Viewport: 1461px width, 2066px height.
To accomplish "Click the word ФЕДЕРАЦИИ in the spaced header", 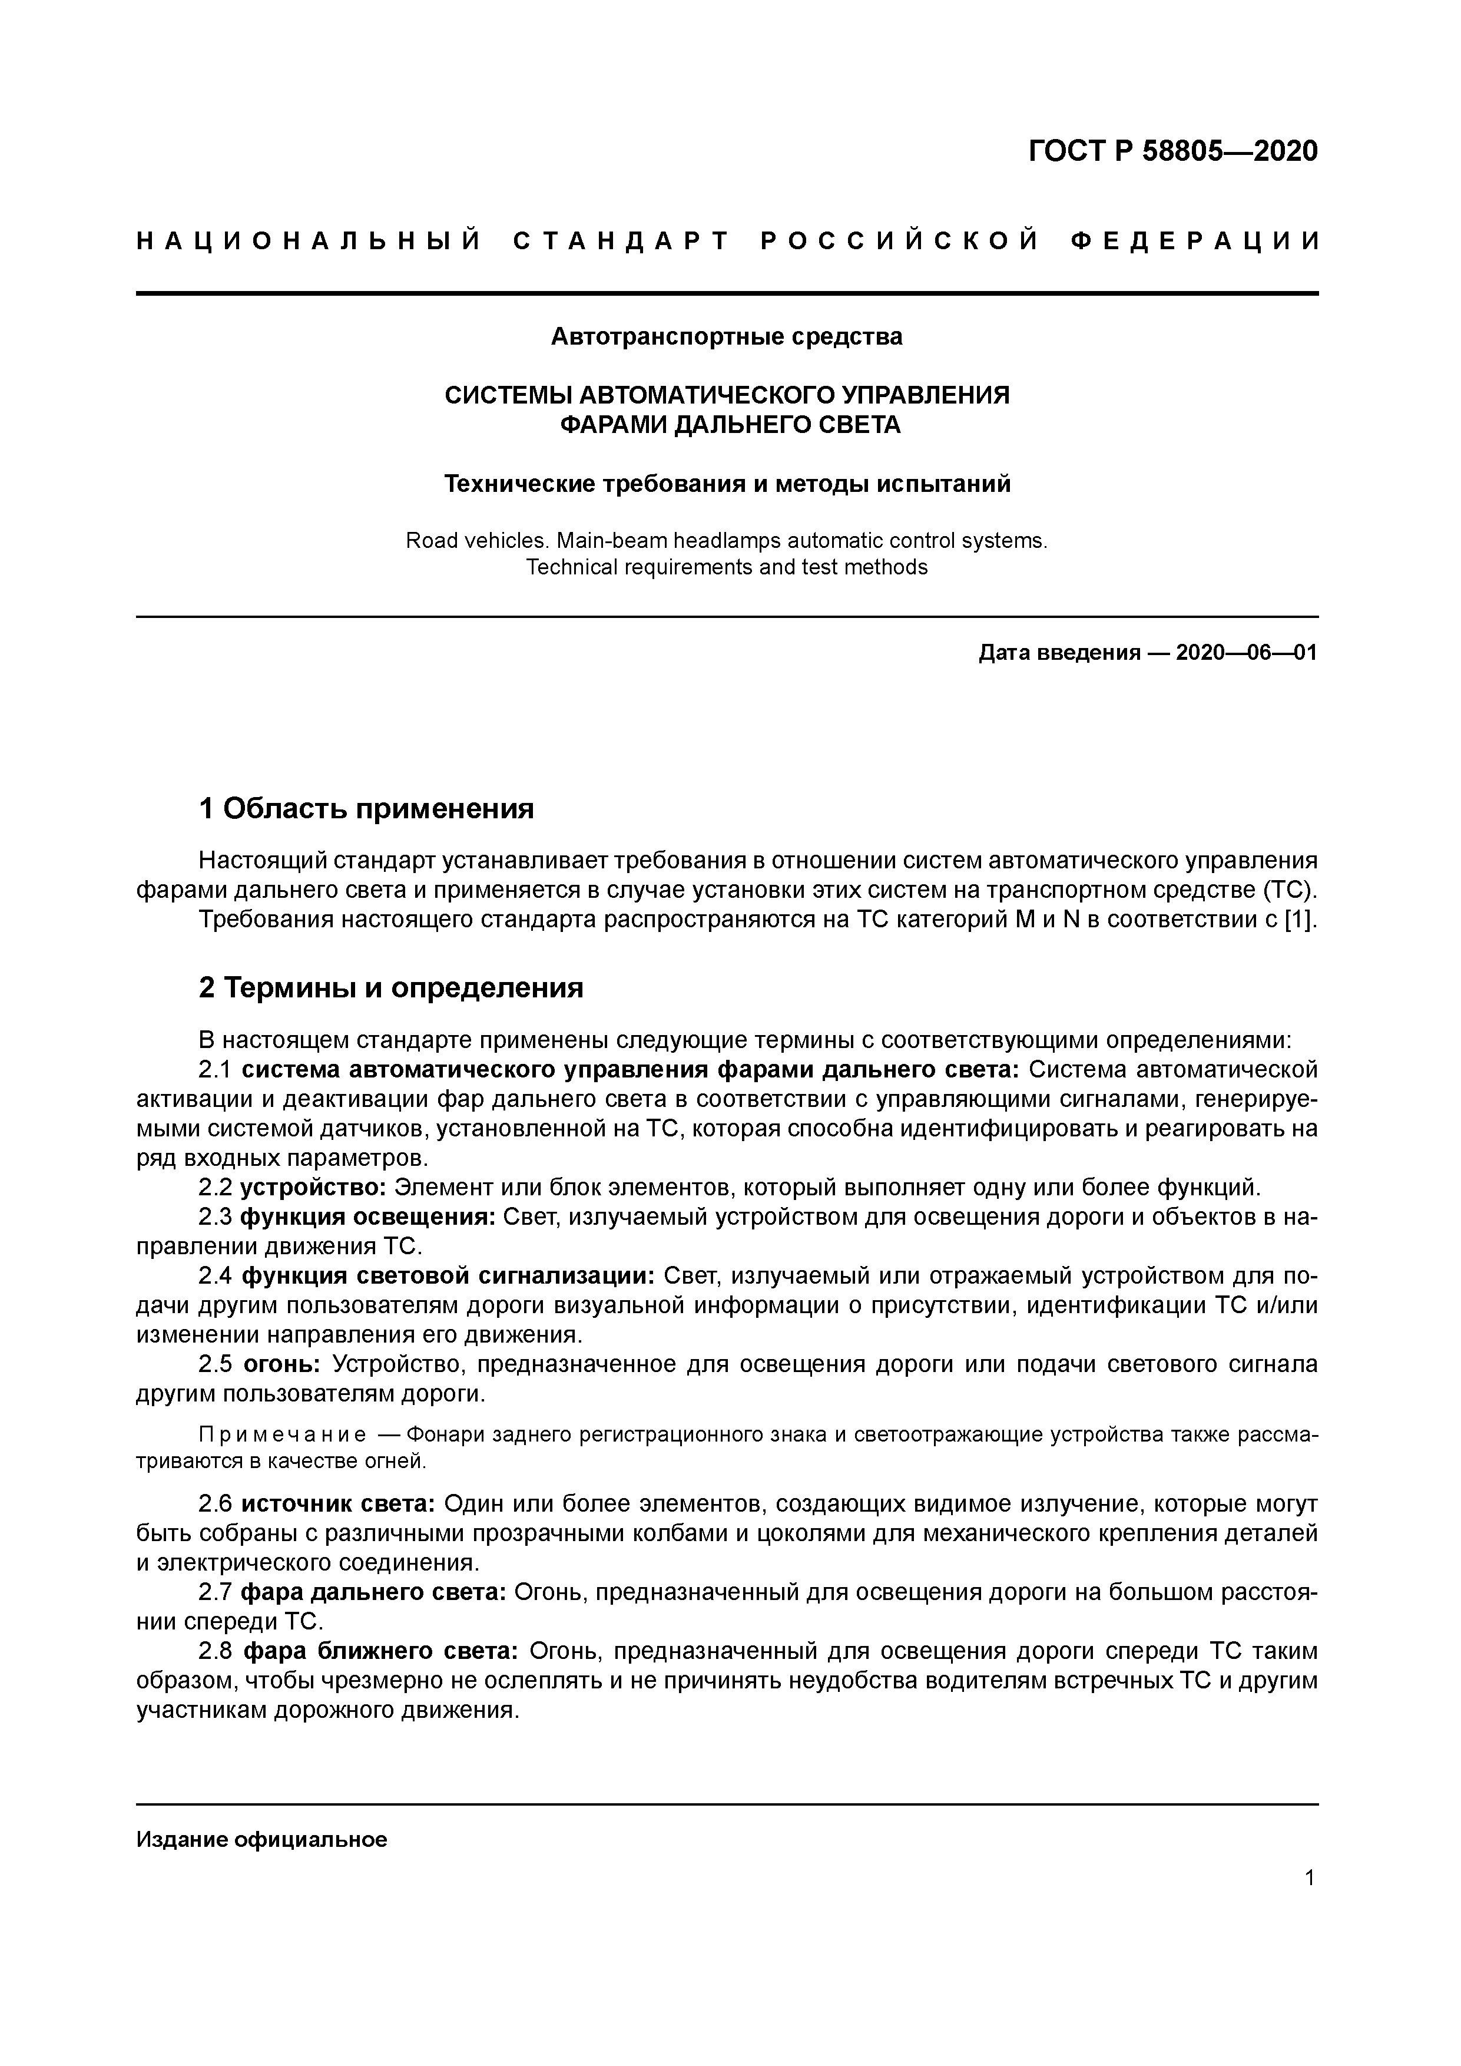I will tap(1195, 241).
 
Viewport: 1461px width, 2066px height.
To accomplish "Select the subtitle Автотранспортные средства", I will tap(726, 336).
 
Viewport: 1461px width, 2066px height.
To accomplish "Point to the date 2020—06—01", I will tap(1246, 652).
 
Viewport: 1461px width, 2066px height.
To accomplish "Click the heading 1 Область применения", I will tap(366, 808).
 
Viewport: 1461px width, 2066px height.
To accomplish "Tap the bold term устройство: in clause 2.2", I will tap(314, 1187).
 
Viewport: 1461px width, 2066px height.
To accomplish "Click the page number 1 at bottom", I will tap(1310, 1902).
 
